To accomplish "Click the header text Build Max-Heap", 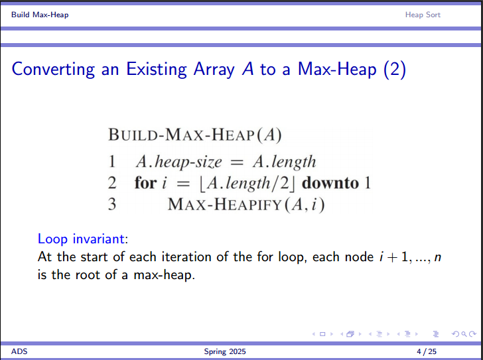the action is [x=40, y=15].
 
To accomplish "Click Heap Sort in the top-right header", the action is [x=423, y=15].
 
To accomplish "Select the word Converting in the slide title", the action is [x=53, y=70].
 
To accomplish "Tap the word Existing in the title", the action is [x=157, y=70].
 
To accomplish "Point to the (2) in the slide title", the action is [x=395, y=69].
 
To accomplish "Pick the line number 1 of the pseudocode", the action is [x=112, y=162].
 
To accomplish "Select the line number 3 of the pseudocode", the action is [x=112, y=204].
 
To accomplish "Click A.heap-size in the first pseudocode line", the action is [x=178, y=162].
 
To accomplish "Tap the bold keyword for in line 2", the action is [x=145, y=183].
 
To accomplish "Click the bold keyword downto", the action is [x=330, y=183].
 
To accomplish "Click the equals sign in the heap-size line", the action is [x=237, y=162].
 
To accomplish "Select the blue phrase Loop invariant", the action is [x=81, y=239].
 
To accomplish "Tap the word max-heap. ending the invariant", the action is [x=164, y=274].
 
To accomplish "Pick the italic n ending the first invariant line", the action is [x=437, y=257].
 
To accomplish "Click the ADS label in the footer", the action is [x=19, y=351].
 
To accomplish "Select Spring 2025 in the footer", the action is [x=225, y=351].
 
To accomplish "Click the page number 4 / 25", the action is [x=427, y=351].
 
